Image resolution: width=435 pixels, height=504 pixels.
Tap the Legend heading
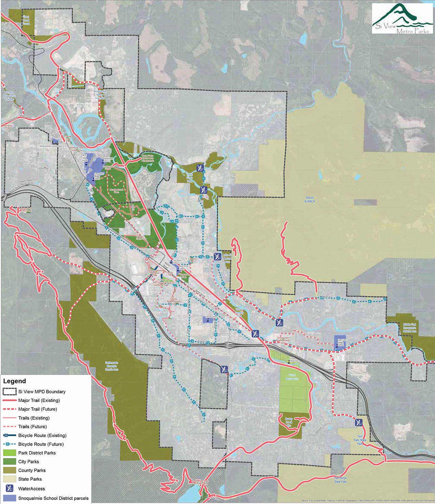pyautogui.click(x=15, y=381)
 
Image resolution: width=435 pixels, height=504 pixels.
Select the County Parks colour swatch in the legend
pyautogui.click(x=10, y=470)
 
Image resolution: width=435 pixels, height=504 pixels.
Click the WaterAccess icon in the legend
pyautogui.click(x=10, y=488)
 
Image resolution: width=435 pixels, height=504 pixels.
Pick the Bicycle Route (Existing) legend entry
pyautogui.click(x=42, y=435)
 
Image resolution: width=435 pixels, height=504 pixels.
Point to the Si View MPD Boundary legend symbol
pyautogui.click(x=10, y=392)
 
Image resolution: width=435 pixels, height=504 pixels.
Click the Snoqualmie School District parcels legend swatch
pyautogui.click(x=10, y=498)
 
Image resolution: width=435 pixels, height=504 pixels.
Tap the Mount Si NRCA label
pyautogui.click(x=309, y=200)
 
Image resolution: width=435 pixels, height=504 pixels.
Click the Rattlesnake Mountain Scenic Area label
pyautogui.click(x=111, y=366)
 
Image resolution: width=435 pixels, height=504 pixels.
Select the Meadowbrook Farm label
pyautogui.click(x=117, y=191)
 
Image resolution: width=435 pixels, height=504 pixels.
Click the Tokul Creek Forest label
pyautogui.click(x=26, y=20)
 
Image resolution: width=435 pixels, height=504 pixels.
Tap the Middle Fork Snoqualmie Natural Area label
pyautogui.click(x=409, y=328)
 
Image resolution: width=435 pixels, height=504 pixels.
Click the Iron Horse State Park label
pyautogui.click(x=340, y=480)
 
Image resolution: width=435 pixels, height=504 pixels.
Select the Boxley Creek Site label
pyautogui.click(x=289, y=422)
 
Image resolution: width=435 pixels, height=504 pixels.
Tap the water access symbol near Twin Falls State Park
pyautogui.click(x=359, y=422)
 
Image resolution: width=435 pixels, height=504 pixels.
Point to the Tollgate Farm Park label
pyautogui.click(x=140, y=237)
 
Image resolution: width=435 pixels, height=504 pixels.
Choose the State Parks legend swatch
pyautogui.click(x=10, y=479)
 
